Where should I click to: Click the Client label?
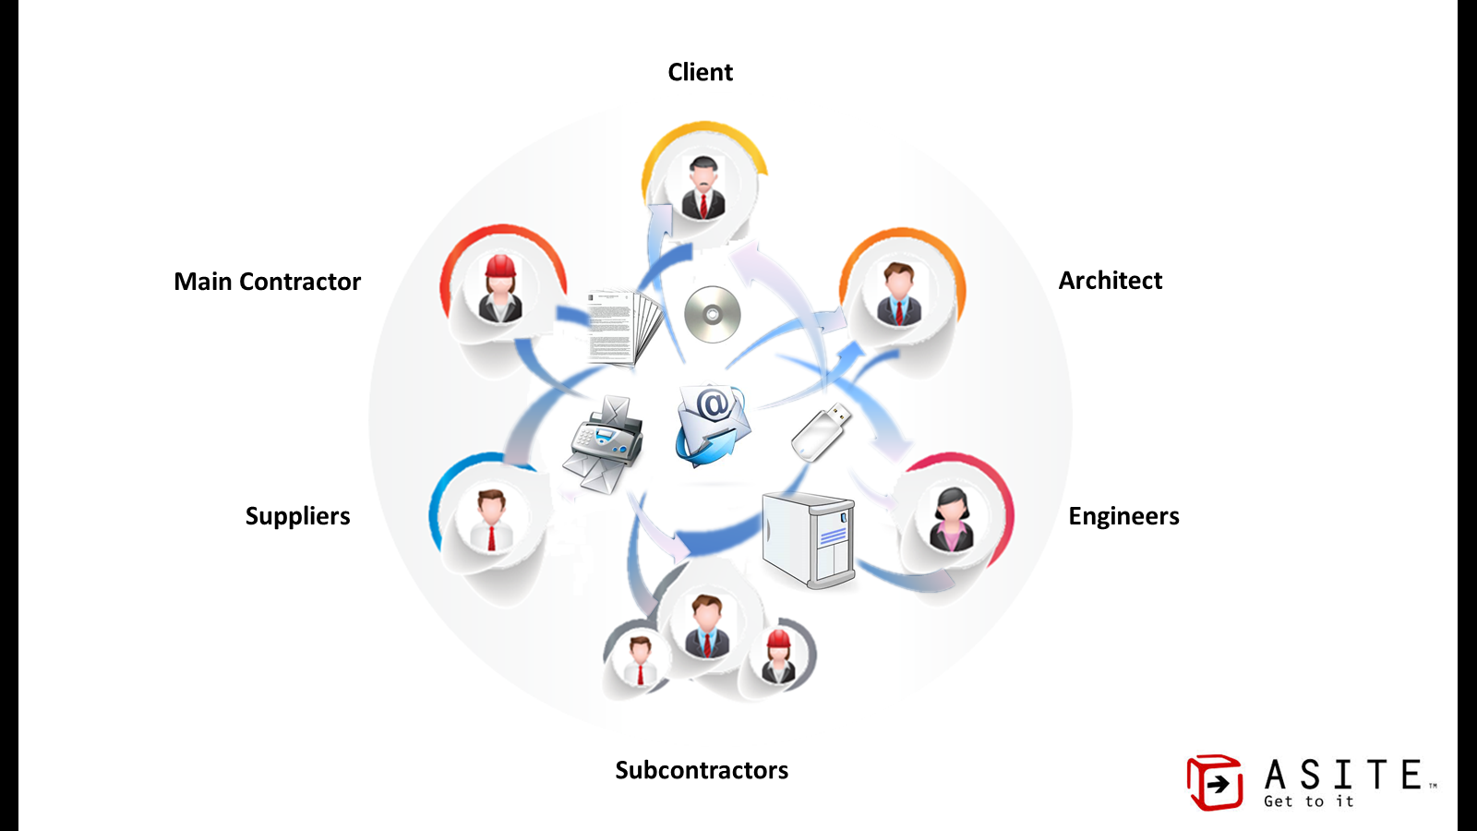point(700,72)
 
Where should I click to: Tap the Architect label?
point(1110,281)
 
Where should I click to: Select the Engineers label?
point(1123,516)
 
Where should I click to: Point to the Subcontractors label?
point(702,770)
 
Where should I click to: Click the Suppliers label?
point(297,516)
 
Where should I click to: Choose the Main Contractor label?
point(267,282)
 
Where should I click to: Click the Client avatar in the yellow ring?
point(703,187)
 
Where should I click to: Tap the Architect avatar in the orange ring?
point(898,294)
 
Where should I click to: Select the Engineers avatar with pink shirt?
point(951,519)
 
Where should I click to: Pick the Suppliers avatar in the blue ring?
point(491,520)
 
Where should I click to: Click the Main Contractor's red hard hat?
point(500,266)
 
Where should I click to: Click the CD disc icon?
point(712,315)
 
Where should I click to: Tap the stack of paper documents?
point(623,328)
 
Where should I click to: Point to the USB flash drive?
point(820,431)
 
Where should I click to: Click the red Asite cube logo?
point(1214,783)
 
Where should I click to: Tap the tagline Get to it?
point(1308,801)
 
